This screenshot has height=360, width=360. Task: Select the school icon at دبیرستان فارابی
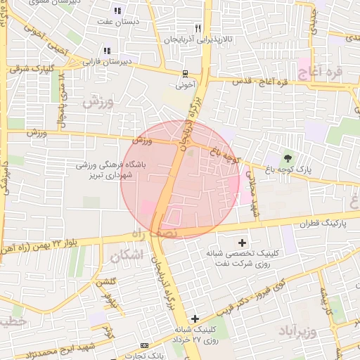tap(107, 51)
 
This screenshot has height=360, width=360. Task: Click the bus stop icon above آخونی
tap(184, 74)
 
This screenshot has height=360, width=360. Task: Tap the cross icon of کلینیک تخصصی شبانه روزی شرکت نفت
tap(243, 242)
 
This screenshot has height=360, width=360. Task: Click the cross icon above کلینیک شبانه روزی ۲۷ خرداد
tap(195, 319)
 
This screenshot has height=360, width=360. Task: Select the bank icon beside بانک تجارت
tap(144, 345)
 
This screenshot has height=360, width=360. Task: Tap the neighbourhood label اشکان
tap(127, 255)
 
